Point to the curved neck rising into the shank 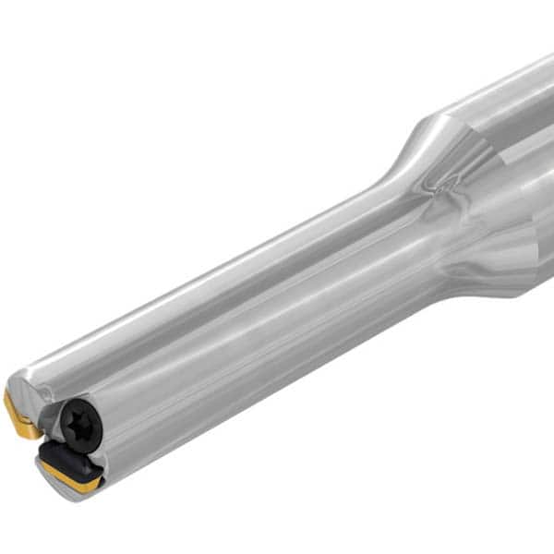coord(402,157)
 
